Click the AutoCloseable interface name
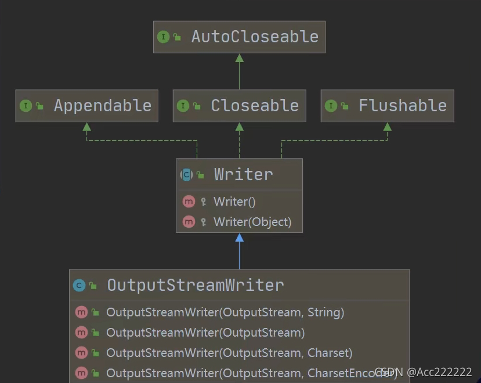click(255, 37)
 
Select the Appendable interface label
click(102, 105)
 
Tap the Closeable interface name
click(255, 105)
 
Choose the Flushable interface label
click(403, 105)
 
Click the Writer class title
click(243, 174)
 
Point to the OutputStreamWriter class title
click(196, 285)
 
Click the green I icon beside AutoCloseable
click(163, 37)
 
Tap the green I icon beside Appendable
click(26, 106)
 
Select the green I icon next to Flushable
click(330, 106)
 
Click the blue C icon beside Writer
click(187, 174)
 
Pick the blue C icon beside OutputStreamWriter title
click(79, 285)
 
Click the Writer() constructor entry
click(234, 202)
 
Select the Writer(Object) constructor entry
click(252, 221)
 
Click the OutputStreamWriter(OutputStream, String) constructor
click(225, 312)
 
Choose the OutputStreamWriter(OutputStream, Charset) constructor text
click(229, 353)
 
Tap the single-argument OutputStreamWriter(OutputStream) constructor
click(205, 333)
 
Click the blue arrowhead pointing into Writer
click(239, 238)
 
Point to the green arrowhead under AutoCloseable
click(239, 58)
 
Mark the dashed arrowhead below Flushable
click(387, 126)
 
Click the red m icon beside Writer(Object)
click(189, 221)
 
